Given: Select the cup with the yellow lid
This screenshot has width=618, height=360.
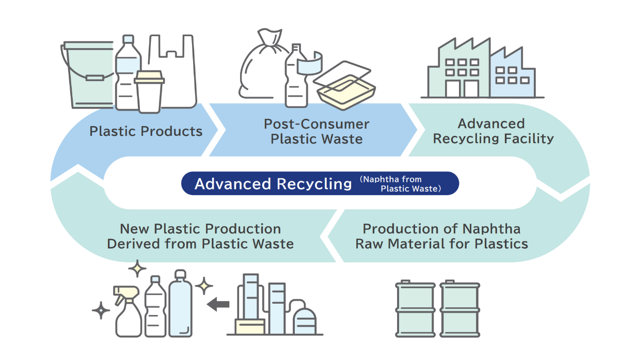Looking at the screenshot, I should click(x=149, y=91).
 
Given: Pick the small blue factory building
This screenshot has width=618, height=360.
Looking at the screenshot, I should click(x=511, y=75).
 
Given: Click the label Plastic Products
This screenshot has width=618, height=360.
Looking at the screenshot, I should click(x=146, y=131).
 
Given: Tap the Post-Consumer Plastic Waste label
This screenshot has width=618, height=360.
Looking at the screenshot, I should click(x=316, y=131).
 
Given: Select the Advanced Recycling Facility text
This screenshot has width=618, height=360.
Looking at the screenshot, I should click(x=493, y=131).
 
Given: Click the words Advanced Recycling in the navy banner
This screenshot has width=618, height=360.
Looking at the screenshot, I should click(x=273, y=184).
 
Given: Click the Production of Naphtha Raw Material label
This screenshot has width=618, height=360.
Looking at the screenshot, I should click(x=441, y=236).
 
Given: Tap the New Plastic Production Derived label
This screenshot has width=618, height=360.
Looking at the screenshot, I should click(x=200, y=236).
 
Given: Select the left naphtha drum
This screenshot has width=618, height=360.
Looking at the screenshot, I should click(x=414, y=309).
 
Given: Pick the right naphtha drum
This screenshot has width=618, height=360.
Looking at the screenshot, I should click(x=460, y=309).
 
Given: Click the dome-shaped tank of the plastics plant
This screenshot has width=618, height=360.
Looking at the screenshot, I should click(x=305, y=320).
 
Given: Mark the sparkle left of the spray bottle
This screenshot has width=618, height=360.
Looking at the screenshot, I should click(x=101, y=311).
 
